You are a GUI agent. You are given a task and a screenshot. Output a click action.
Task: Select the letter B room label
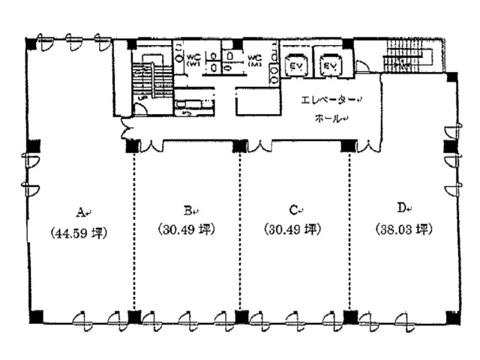pyautogui.click(x=187, y=210)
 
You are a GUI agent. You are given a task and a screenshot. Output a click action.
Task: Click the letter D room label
pyautogui.click(x=403, y=207)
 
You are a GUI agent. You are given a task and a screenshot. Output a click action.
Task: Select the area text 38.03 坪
pyautogui.click(x=404, y=229)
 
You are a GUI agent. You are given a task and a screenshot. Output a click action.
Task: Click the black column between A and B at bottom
pyautogui.click(x=134, y=316)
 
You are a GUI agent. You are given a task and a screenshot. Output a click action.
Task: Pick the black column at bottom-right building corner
pyautogui.click(x=452, y=316)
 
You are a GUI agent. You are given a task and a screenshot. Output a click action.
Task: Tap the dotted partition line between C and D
pyautogui.click(x=349, y=225)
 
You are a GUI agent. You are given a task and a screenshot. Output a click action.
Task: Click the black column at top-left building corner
pyautogui.click(x=31, y=44)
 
